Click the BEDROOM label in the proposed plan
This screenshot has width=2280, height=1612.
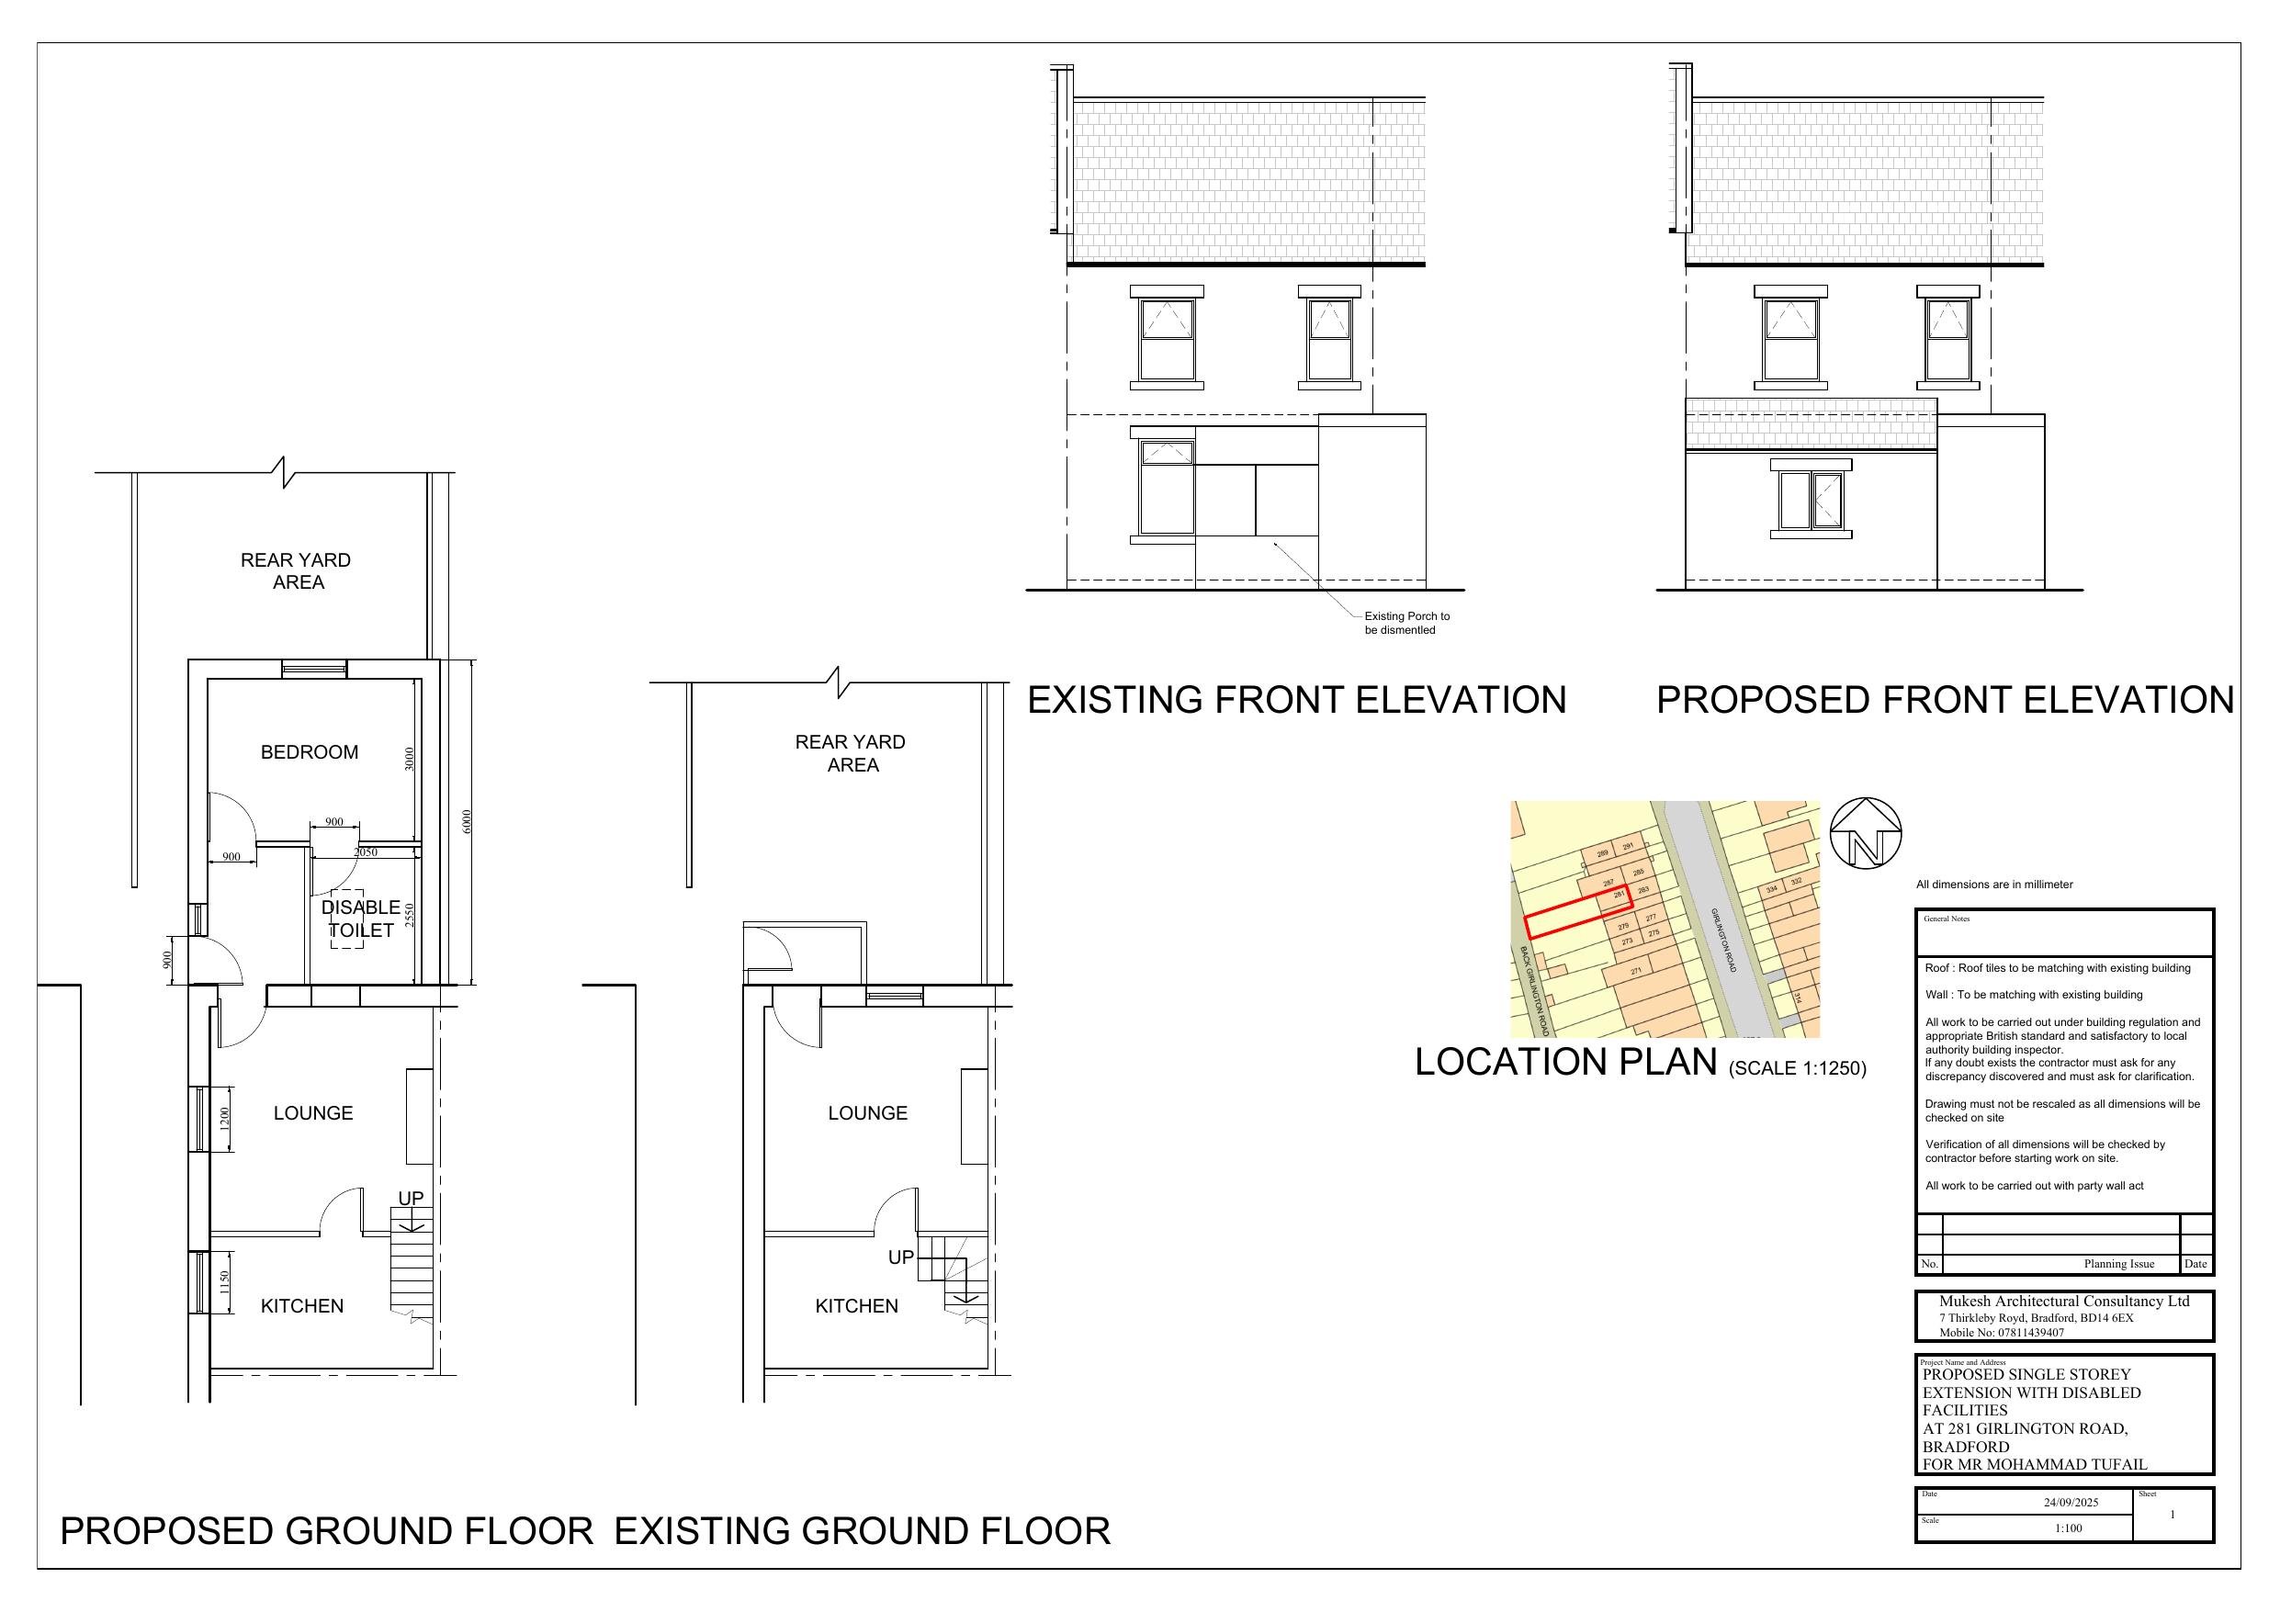[x=309, y=752]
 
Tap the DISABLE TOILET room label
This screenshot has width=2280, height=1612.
[x=360, y=919]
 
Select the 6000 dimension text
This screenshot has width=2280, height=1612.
[x=468, y=821]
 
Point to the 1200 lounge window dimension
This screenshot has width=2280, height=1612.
[x=224, y=1120]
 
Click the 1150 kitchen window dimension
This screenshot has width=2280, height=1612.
[x=224, y=1282]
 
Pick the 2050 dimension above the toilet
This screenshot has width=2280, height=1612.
[x=366, y=852]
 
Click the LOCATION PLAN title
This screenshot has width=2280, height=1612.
[x=1565, y=1062]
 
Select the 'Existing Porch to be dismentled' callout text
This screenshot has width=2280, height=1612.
[x=1406, y=623]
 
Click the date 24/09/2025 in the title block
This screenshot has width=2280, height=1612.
[x=2071, y=1503]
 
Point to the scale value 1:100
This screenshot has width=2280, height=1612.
[x=2069, y=1528]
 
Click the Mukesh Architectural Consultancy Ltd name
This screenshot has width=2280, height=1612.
[x=2063, y=1302]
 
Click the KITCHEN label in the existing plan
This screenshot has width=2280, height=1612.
[x=856, y=1306]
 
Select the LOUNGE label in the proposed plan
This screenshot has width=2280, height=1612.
[x=313, y=1113]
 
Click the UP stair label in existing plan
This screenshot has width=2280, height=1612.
[x=900, y=1257]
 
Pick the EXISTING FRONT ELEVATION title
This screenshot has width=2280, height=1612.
[x=1296, y=700]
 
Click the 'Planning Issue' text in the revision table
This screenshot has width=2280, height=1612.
[x=2118, y=1265]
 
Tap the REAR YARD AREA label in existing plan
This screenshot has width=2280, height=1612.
[x=850, y=753]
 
